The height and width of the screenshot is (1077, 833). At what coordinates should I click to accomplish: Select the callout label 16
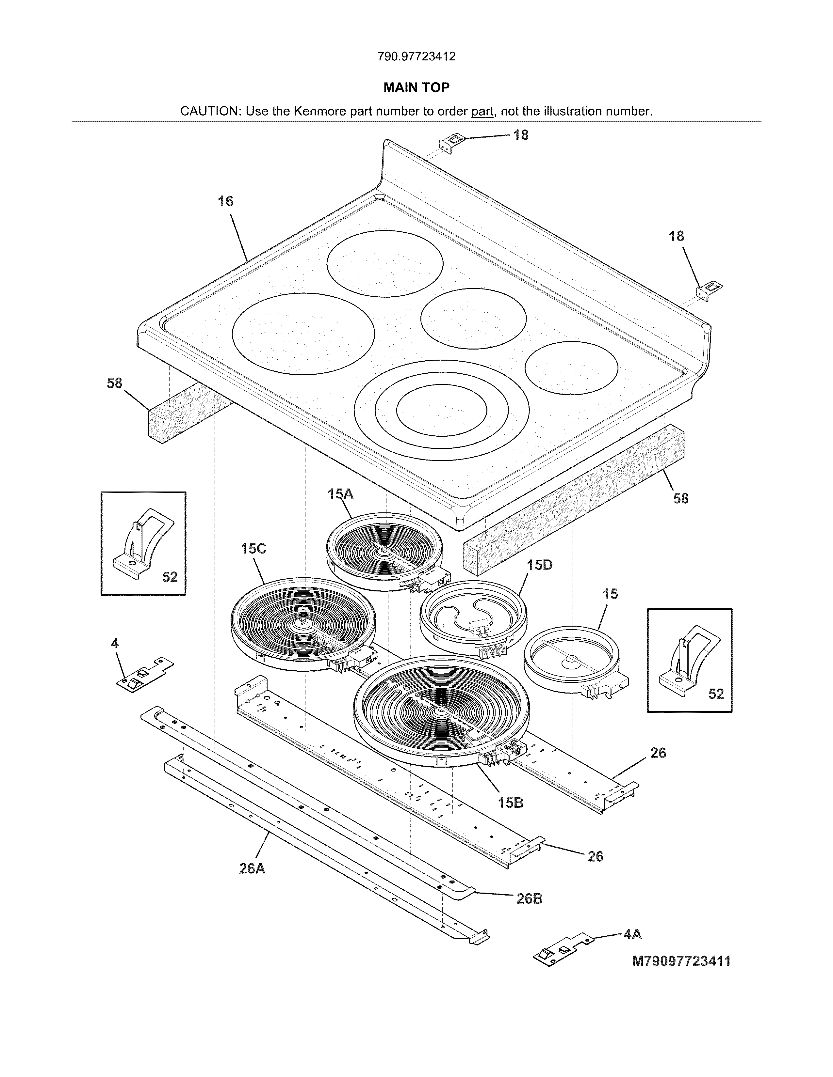pos(225,201)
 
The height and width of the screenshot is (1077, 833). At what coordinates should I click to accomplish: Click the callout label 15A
pos(340,493)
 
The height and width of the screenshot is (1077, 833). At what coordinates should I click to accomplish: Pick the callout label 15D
pos(539,565)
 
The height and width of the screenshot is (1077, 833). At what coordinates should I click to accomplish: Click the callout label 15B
pos(510,803)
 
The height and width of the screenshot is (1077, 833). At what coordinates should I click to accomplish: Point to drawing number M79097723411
pos(681,961)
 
